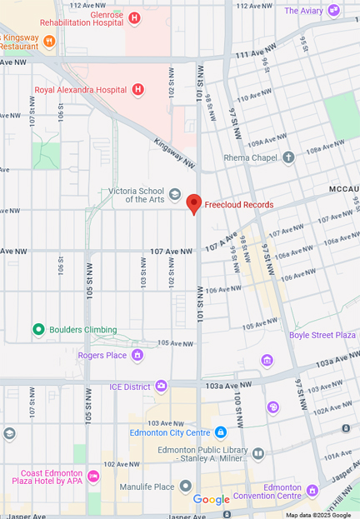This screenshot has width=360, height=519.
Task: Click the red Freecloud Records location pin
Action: tap(194, 203)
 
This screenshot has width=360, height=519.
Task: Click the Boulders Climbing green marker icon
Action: tap(38, 329)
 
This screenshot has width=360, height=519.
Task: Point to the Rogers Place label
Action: tap(102, 356)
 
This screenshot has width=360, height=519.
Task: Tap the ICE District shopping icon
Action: tap(161, 387)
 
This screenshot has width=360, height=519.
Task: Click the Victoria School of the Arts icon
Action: tap(175, 194)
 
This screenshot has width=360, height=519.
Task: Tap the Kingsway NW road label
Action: tap(174, 156)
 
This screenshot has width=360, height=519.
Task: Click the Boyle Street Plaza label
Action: tap(322, 335)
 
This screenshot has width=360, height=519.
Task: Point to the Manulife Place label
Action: tap(146, 487)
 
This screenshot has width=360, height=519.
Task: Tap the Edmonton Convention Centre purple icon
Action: tap(312, 490)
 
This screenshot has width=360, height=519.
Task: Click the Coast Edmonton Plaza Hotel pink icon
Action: tap(93, 477)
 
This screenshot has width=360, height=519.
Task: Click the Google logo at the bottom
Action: tap(211, 500)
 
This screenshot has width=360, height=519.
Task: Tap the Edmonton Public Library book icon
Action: tap(258, 454)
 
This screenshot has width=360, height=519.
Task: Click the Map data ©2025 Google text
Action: tap(318, 515)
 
